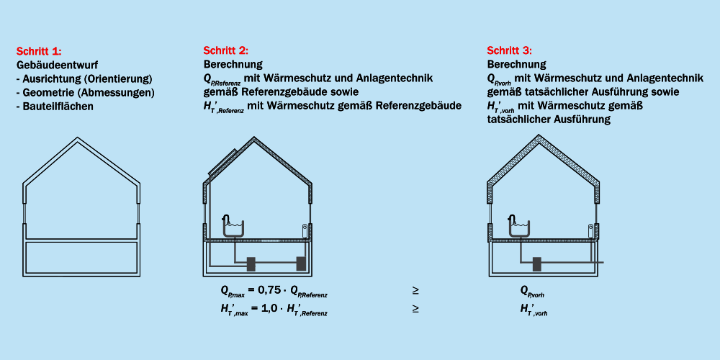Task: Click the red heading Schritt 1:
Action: tap(39, 52)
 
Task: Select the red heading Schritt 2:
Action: tap(226, 50)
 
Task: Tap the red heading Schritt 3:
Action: tap(509, 50)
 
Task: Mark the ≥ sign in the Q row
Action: tap(415, 291)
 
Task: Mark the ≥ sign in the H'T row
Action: tap(415, 309)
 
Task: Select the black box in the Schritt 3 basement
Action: tap(536, 264)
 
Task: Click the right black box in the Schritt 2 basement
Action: tap(301, 264)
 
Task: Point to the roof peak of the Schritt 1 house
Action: tap(81, 138)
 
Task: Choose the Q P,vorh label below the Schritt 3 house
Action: tap(532, 292)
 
